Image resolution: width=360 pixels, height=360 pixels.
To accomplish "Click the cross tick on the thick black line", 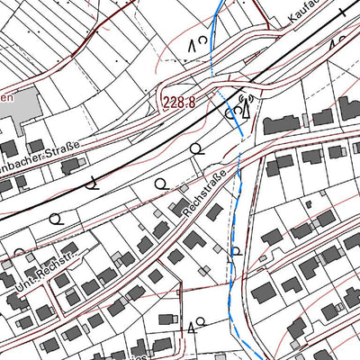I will [344, 13].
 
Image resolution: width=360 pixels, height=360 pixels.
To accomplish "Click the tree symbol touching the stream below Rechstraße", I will [236, 250].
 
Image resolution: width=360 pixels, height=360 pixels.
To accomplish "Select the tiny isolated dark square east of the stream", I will [309, 204].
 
